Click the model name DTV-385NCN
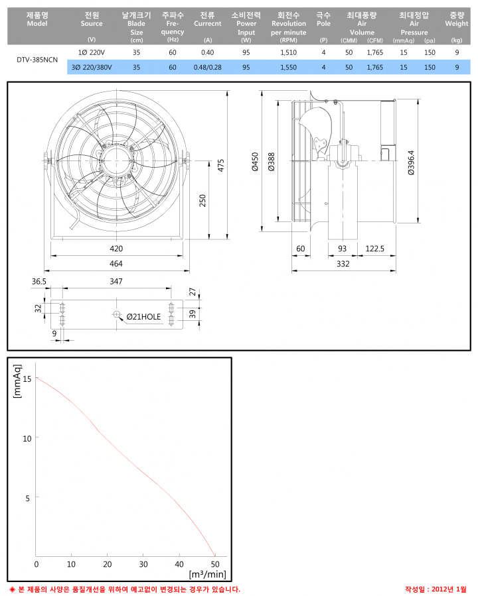(x=37, y=60)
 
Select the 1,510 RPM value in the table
(x=289, y=52)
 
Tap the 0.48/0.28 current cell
(x=207, y=67)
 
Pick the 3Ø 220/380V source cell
(x=92, y=67)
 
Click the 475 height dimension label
(x=221, y=165)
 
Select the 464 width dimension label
(x=116, y=263)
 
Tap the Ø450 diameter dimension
(x=255, y=162)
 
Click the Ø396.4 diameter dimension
(x=411, y=162)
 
